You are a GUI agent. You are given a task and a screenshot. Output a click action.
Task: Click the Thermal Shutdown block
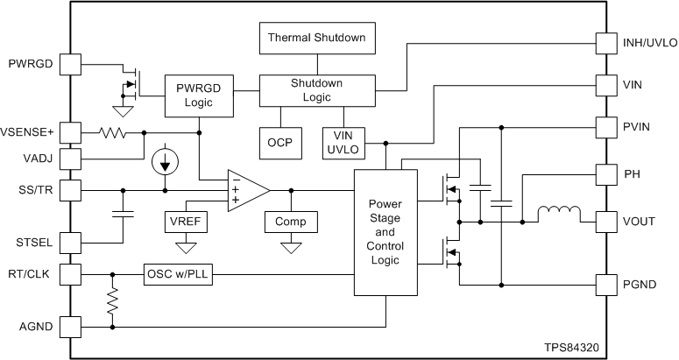click(x=317, y=39)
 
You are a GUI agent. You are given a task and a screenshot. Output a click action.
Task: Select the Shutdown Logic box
click(x=317, y=90)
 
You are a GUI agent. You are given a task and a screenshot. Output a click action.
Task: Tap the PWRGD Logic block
click(x=200, y=95)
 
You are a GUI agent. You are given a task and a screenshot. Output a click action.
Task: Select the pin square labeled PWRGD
click(x=69, y=64)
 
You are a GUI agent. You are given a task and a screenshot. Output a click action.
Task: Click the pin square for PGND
click(x=606, y=285)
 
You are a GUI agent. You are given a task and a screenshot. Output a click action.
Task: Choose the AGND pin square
click(x=69, y=327)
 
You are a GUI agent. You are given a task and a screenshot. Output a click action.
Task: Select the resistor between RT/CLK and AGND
click(x=112, y=302)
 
